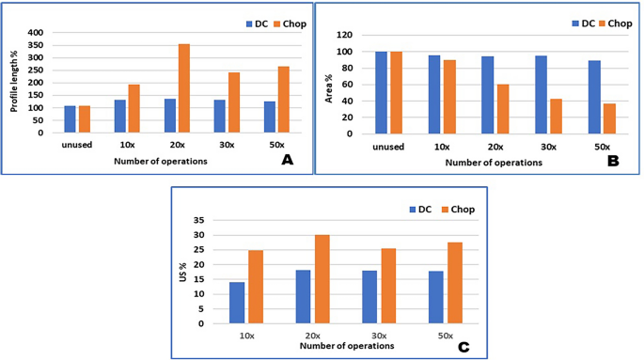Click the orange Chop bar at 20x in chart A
(184, 88)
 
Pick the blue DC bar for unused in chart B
(381, 92)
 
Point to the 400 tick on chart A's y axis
(36, 33)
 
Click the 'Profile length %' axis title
(15, 82)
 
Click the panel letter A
(288, 161)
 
